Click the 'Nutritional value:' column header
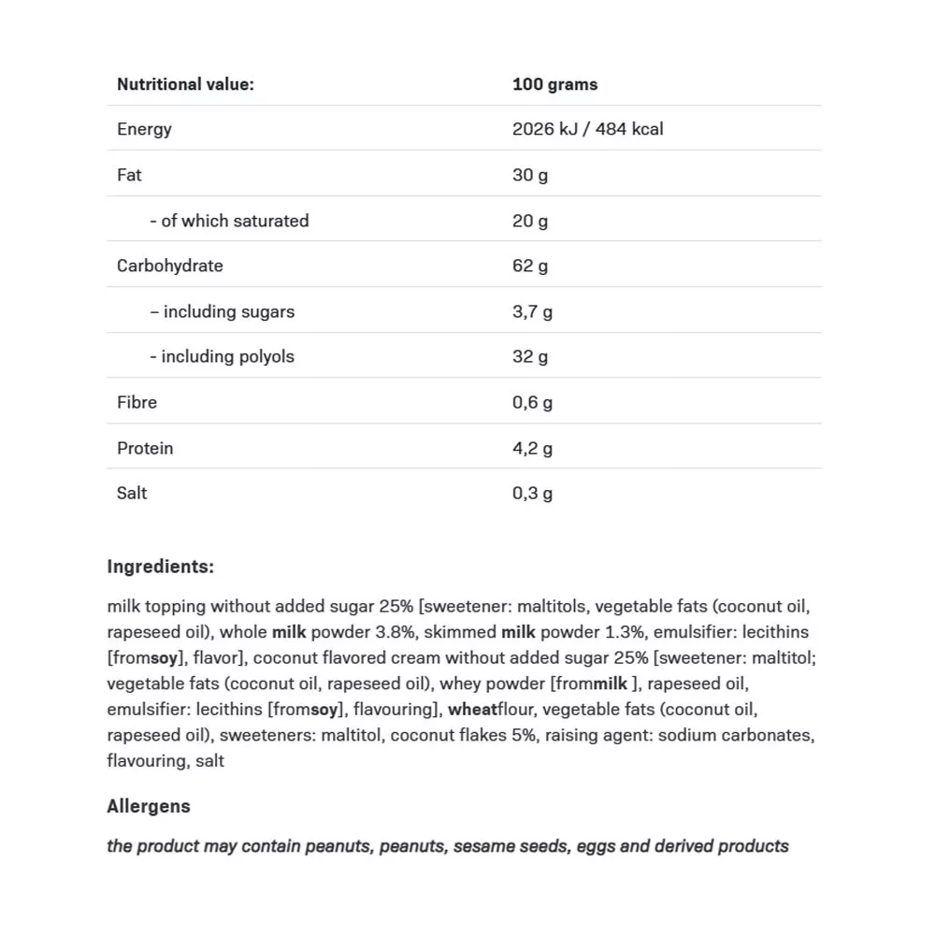(x=185, y=84)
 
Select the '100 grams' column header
(x=554, y=84)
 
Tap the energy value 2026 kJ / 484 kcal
(x=587, y=129)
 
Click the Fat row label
(x=129, y=175)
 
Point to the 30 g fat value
(x=530, y=175)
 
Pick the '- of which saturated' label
(x=229, y=221)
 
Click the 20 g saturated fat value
(x=530, y=221)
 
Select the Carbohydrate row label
(x=170, y=266)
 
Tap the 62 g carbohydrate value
(x=530, y=266)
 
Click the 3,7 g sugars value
(x=532, y=311)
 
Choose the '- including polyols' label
(x=222, y=356)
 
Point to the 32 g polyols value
(x=530, y=356)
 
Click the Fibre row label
(x=137, y=402)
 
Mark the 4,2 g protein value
(x=532, y=448)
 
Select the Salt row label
(x=132, y=493)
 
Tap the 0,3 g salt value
(x=532, y=493)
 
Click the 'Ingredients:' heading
(x=160, y=567)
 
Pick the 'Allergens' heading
(x=149, y=806)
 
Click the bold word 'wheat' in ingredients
(x=472, y=710)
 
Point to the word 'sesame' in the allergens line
(x=484, y=846)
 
